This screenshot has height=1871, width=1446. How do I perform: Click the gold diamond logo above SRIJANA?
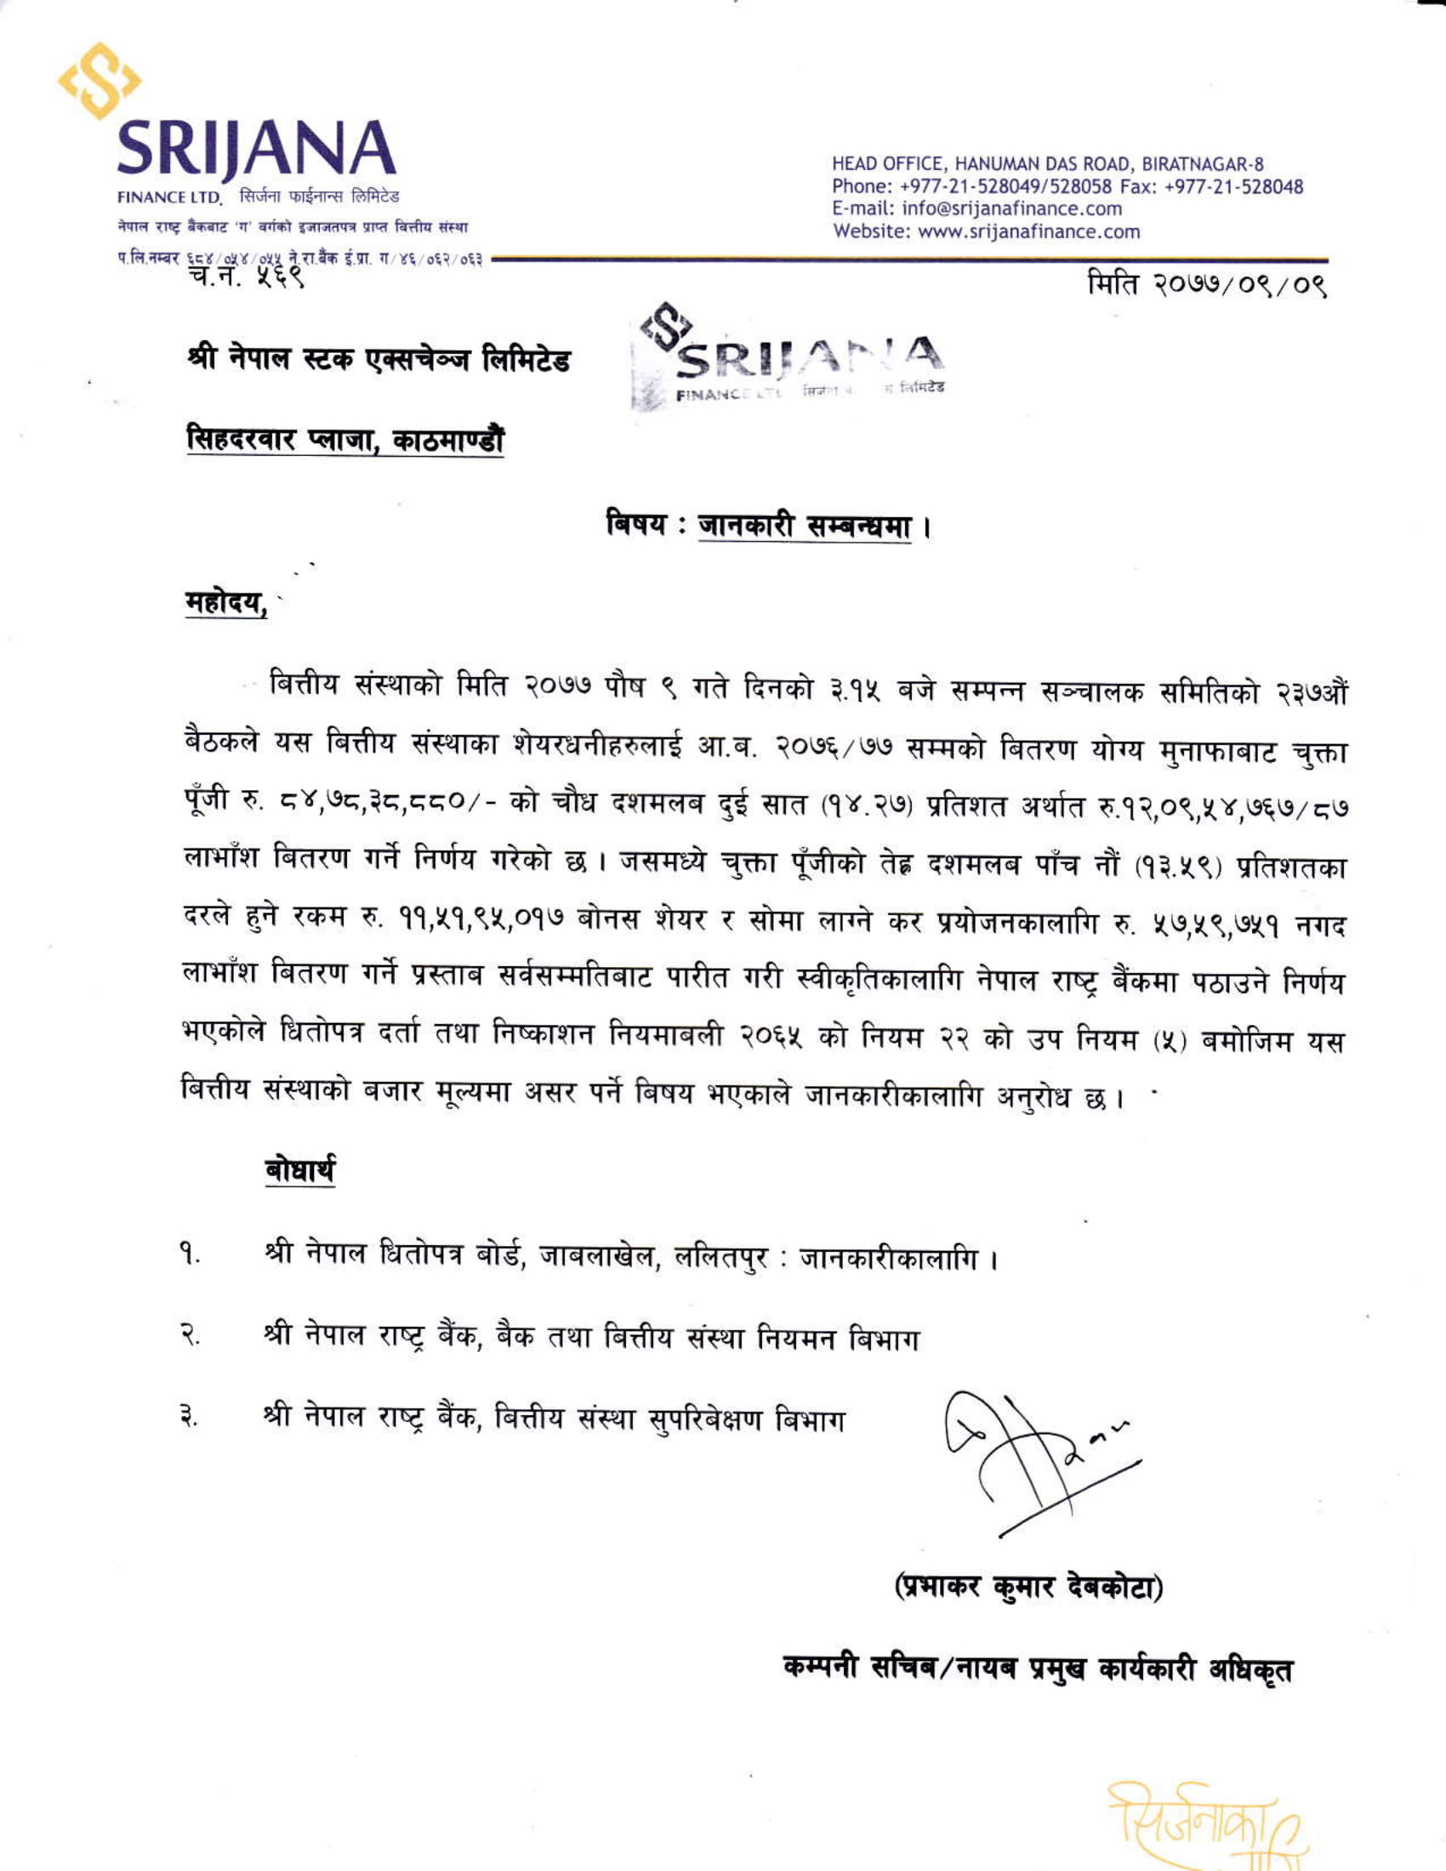pos(100,81)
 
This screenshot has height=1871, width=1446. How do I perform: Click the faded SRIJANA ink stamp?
pos(793,359)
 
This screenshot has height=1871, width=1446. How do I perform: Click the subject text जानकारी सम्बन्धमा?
pos(804,524)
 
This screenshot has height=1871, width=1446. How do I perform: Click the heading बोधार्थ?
pos(299,1170)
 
